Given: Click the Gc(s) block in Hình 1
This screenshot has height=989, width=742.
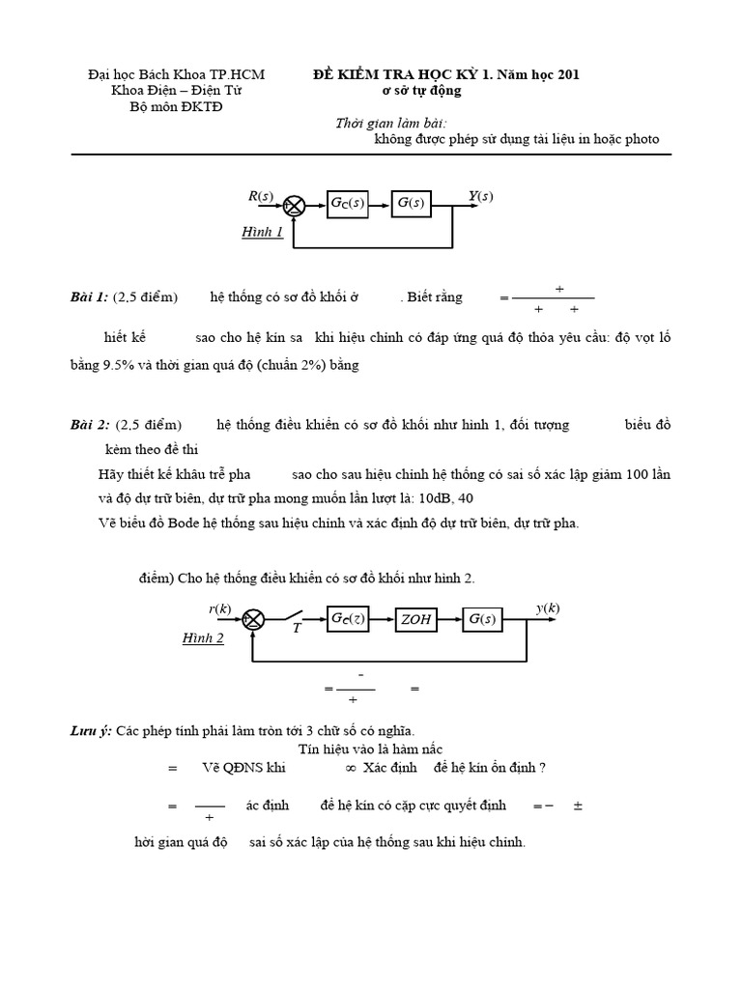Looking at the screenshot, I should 348,204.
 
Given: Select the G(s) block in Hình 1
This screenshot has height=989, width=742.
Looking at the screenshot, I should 412,204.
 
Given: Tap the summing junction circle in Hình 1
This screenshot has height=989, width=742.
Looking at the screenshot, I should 295,204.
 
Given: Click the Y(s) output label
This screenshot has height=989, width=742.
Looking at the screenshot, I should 480,197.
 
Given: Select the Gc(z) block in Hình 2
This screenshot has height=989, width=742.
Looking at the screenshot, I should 348,619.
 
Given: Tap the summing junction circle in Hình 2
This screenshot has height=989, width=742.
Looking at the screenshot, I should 253,619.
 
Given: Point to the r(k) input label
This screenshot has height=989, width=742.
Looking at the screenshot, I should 220,608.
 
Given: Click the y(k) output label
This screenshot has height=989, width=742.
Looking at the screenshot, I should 548,608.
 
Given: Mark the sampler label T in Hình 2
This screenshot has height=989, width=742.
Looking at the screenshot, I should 297,629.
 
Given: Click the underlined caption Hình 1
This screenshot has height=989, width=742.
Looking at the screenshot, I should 262,233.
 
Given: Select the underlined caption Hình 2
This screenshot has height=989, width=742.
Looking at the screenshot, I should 203,638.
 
